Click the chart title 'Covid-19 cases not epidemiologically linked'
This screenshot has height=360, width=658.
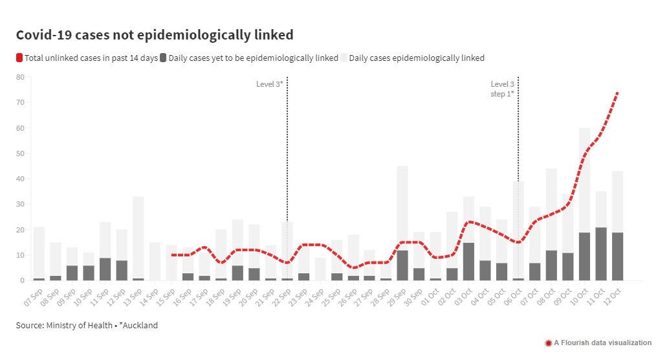tap(155, 35)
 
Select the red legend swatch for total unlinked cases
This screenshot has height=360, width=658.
tap(19, 58)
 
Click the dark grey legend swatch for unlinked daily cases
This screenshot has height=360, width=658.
tap(163, 58)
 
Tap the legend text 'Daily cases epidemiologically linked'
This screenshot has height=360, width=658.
tap(417, 58)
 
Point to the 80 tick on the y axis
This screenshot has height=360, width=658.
tap(20, 77)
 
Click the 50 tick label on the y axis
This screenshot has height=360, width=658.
tap(20, 153)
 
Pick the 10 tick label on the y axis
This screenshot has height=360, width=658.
tap(20, 255)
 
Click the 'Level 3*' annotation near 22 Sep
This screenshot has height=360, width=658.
tap(269, 84)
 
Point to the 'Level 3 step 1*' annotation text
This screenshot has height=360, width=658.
tap(502, 89)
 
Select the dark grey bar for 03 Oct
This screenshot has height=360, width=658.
tap(469, 262)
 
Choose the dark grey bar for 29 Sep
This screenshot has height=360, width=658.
tap(402, 265)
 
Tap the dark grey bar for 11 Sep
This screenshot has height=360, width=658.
tap(105, 269)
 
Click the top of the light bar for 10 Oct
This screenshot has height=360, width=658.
tap(585, 129)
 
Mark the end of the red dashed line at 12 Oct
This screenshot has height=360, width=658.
tap(618, 93)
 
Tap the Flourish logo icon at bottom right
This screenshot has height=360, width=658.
tap(549, 343)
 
